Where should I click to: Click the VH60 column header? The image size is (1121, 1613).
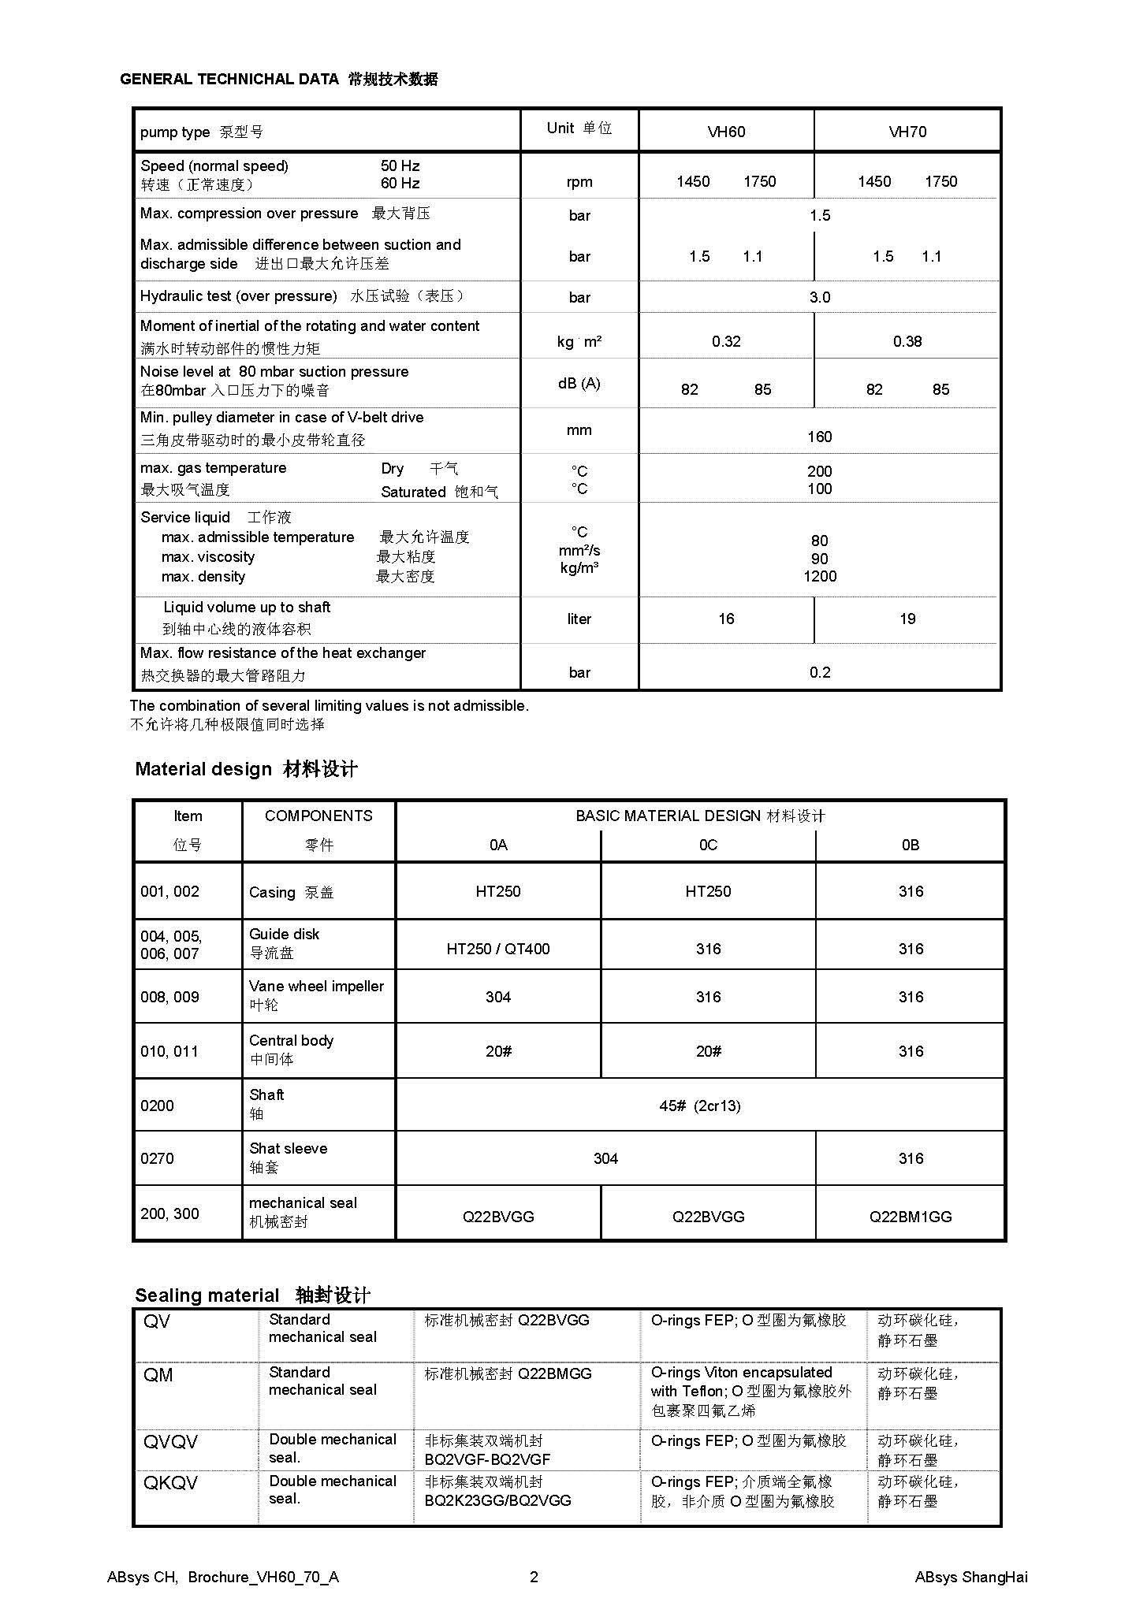[x=725, y=132]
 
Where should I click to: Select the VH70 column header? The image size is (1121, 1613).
[x=907, y=132]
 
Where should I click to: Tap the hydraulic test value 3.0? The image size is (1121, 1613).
[x=819, y=297]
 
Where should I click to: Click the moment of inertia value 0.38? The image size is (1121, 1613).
[x=907, y=341]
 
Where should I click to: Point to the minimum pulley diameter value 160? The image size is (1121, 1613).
[x=819, y=437]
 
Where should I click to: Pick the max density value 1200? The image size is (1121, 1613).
[x=819, y=576]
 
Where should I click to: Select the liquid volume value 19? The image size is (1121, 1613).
[x=907, y=619]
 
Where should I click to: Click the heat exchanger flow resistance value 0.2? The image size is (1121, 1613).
[x=819, y=672]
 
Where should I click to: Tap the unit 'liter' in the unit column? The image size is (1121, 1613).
[x=579, y=619]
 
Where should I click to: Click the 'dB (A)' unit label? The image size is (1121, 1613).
[x=579, y=383]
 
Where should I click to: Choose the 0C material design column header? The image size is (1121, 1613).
[x=708, y=845]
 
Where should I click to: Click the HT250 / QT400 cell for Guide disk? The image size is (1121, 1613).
[x=497, y=949]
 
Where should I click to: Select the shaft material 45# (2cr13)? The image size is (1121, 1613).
[x=699, y=1106]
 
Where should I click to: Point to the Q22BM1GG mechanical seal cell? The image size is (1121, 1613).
[x=910, y=1217]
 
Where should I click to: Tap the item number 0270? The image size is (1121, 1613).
[x=157, y=1158]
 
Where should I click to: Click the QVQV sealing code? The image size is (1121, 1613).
[x=170, y=1441]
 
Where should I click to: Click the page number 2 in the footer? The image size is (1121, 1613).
[x=534, y=1577]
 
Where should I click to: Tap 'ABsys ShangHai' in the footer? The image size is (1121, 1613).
[x=970, y=1577]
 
